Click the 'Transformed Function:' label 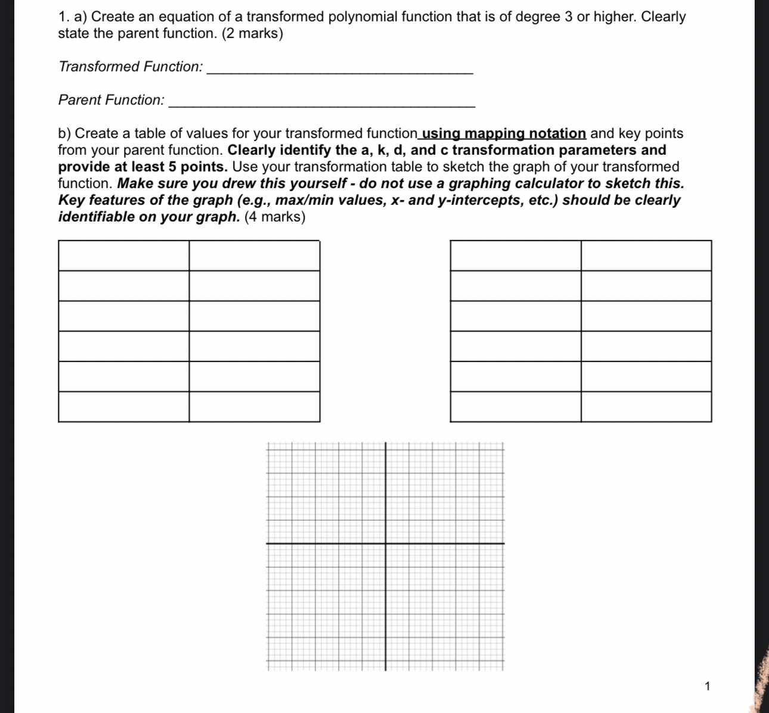tap(131, 67)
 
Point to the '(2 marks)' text tap(252, 33)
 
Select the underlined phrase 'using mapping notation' tap(504, 133)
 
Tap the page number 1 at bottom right tap(707, 686)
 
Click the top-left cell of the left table tap(123, 256)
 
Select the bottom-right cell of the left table tap(254, 407)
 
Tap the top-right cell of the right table tap(646, 256)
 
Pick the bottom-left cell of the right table tap(516, 407)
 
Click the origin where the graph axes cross tap(385, 543)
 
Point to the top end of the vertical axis tap(385, 444)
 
